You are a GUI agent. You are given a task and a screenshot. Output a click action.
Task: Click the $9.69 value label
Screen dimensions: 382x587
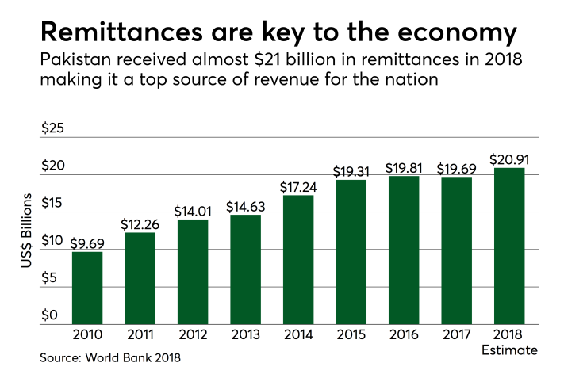point(87,241)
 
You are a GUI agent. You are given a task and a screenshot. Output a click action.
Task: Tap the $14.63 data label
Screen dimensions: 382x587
point(246,205)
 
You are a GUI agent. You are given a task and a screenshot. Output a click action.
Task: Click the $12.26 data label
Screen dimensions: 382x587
point(140,223)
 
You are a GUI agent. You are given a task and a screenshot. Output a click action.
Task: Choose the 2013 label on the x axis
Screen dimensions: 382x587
point(246,335)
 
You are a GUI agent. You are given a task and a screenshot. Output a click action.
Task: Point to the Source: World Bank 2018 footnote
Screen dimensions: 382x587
point(110,358)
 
